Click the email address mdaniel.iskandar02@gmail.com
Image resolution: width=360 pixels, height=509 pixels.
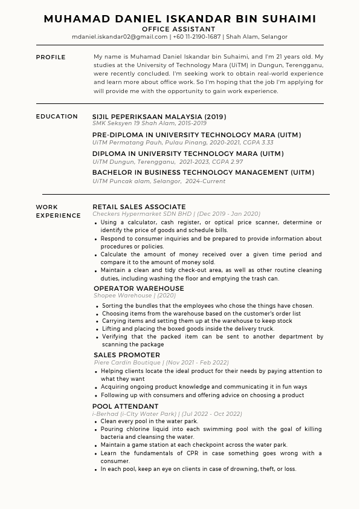pos(120,37)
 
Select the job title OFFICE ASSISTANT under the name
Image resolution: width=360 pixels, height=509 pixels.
pos(178,29)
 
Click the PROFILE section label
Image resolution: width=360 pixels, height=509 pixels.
pos(51,57)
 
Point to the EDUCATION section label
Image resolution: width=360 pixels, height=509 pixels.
pos(57,117)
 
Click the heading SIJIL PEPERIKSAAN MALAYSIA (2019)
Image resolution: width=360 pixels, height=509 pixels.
pos(159,117)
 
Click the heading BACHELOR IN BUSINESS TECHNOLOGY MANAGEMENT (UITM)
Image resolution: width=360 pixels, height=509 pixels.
pos(203,172)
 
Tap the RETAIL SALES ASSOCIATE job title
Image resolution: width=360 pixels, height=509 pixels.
pos(139,207)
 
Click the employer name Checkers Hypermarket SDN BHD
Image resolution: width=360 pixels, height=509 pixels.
pos(142,214)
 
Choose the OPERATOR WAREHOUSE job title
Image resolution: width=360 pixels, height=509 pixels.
pos(139,288)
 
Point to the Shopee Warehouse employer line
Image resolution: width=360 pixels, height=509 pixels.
pos(135,296)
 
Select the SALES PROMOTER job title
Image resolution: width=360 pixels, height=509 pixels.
pos(127,355)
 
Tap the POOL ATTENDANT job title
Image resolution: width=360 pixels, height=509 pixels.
pos(126,406)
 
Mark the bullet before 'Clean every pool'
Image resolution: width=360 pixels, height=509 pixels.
pos(96,422)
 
